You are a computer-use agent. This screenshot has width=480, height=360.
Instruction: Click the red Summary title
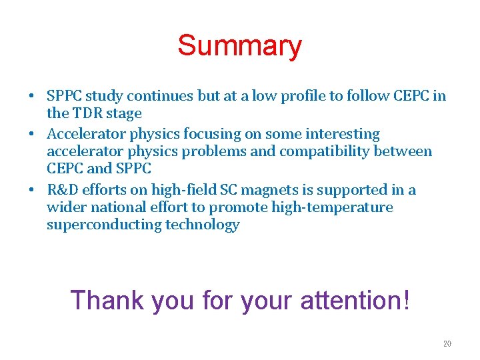pyautogui.click(x=239, y=46)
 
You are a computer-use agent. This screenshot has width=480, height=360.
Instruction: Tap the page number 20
pyautogui.click(x=447, y=344)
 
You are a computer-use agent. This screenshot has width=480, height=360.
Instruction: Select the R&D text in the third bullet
pyautogui.click(x=62, y=190)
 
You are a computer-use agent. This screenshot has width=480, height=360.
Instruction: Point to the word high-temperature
pyautogui.click(x=335, y=207)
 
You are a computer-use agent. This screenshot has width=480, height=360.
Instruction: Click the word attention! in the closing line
pyautogui.click(x=355, y=300)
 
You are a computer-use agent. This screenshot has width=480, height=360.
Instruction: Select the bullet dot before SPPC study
pyautogui.click(x=32, y=97)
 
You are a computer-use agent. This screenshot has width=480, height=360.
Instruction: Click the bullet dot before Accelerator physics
pyautogui.click(x=32, y=135)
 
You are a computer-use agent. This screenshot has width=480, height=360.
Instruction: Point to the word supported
pyautogui.click(x=347, y=190)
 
